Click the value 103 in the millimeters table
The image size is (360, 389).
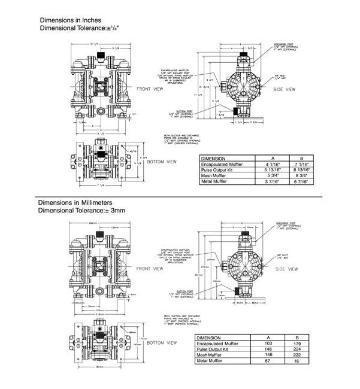tap(268, 344)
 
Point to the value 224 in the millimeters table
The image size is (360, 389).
tap(296, 350)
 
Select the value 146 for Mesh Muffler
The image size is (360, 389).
tap(268, 356)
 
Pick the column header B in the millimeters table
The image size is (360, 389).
tap(296, 338)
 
